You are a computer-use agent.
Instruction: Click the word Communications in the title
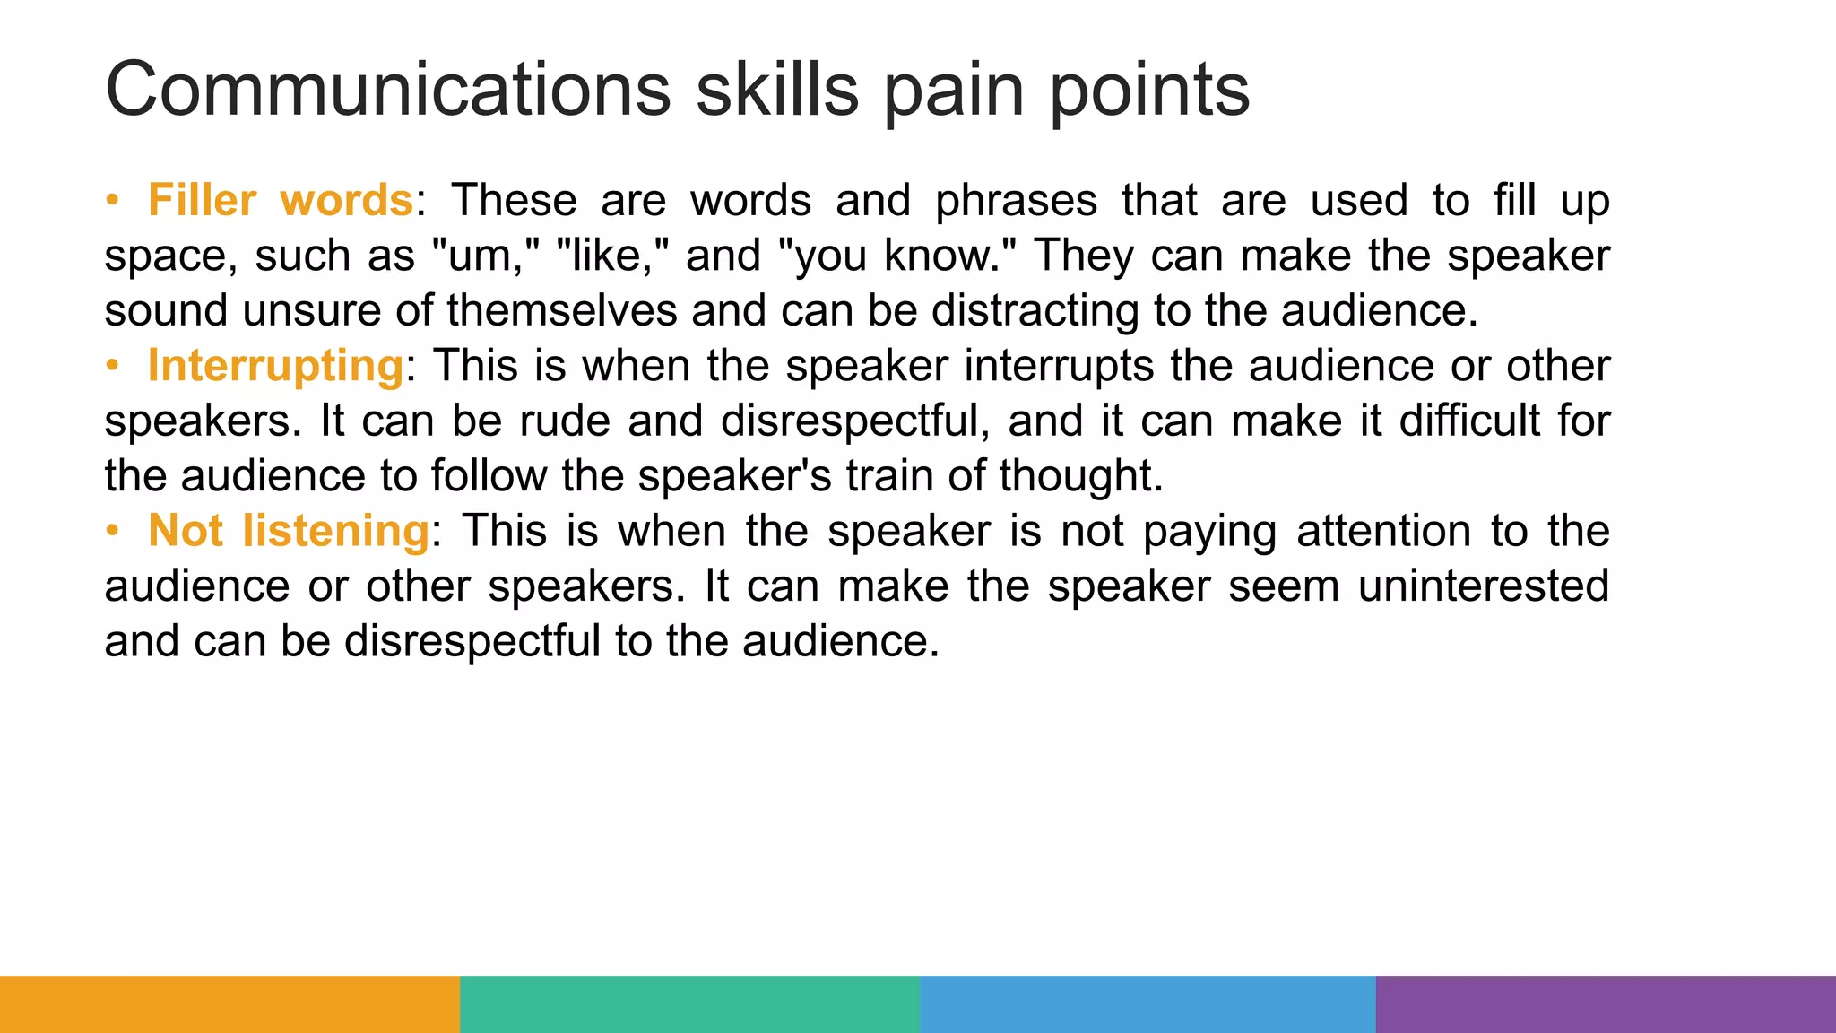pyautogui.click(x=387, y=89)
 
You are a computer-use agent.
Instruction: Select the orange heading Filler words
pyautogui.click(x=280, y=200)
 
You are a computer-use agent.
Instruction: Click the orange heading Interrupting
pyautogui.click(x=275, y=366)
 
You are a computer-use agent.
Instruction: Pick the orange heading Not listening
pyautogui.click(x=289, y=531)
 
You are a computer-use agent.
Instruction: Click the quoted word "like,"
pyautogui.click(x=612, y=256)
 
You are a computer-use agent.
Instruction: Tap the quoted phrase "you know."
pyautogui.click(x=897, y=256)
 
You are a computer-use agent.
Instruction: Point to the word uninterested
pyautogui.click(x=1484, y=586)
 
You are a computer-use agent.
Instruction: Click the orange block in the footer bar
pyautogui.click(x=229, y=1003)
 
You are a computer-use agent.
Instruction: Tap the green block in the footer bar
pyautogui.click(x=689, y=1003)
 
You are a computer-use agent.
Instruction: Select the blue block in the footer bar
pyautogui.click(x=1147, y=1003)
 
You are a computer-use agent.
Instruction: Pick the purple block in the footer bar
pyautogui.click(x=1606, y=1003)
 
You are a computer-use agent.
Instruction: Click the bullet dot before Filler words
pyautogui.click(x=112, y=200)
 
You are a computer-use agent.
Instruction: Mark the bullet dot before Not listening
pyautogui.click(x=112, y=531)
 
